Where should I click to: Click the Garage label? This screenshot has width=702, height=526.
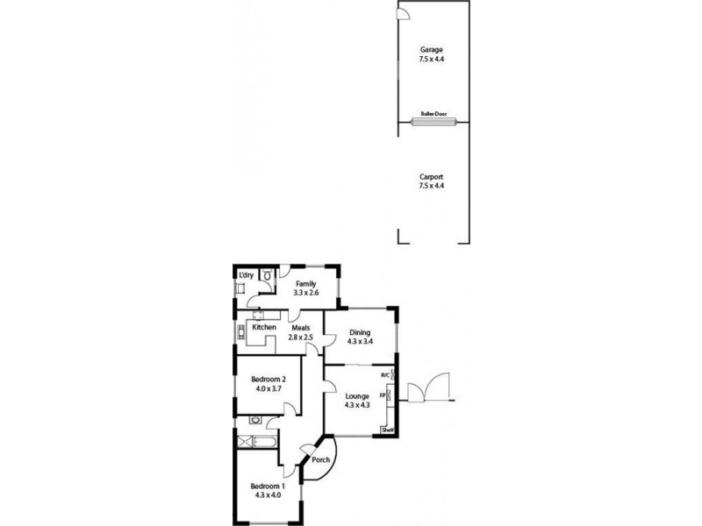431,52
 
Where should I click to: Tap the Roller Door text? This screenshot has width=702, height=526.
433,114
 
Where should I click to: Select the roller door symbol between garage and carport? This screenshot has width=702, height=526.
433,122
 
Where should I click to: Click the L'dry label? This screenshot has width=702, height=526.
247,275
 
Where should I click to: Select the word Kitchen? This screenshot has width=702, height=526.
264,328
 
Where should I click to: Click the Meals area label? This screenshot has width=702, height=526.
302,328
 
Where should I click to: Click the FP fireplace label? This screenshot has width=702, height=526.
383,396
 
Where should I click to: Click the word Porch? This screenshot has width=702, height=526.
321,461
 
